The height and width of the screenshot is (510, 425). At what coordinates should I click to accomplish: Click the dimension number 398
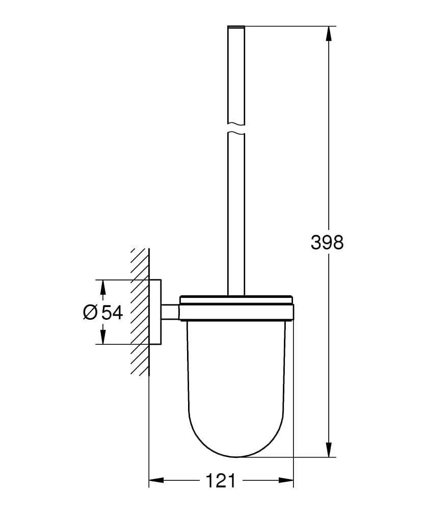point(327,243)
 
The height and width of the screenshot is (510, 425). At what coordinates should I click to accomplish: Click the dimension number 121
point(221,480)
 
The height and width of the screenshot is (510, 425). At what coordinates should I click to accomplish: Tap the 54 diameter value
point(112,312)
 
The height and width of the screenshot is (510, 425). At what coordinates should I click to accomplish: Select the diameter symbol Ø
point(90,312)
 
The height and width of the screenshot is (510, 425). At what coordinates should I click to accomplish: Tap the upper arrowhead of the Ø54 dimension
point(103,287)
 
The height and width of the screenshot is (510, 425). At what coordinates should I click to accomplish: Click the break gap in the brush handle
point(236,128)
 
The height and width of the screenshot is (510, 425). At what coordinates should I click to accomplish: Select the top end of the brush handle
point(236,27)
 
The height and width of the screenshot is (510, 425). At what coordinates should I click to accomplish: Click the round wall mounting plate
point(155,312)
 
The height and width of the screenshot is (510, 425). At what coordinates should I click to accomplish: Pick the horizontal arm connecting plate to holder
point(170,312)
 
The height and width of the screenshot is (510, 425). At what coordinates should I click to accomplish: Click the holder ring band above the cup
point(236,312)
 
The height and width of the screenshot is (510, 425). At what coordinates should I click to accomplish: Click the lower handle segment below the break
point(236,214)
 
